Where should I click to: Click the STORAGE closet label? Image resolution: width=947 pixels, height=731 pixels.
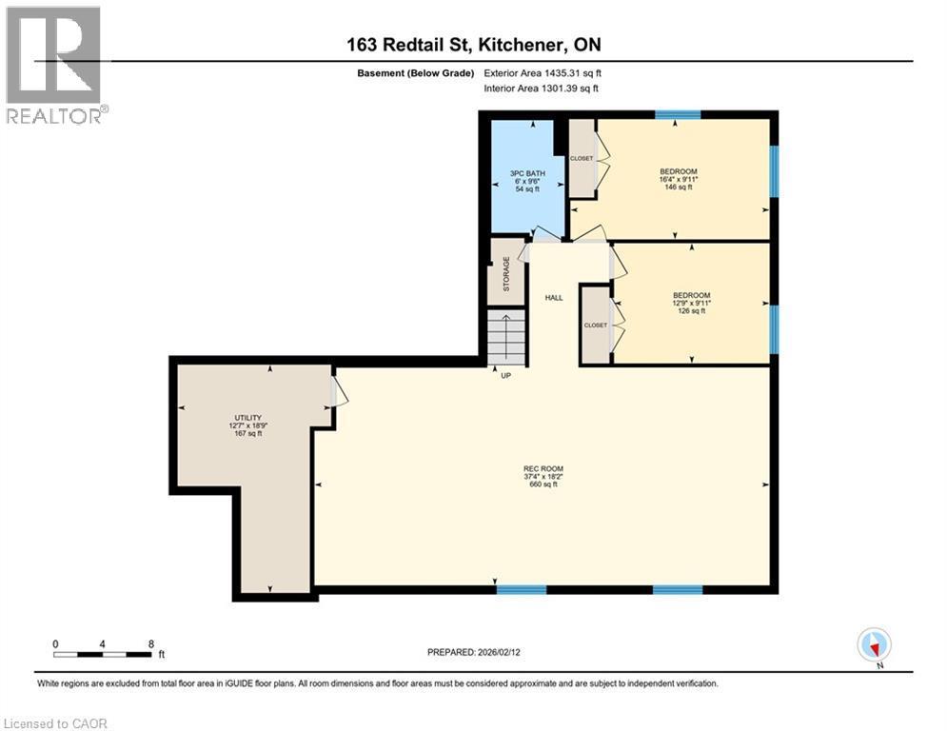(506, 273)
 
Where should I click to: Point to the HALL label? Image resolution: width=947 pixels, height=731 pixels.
(553, 298)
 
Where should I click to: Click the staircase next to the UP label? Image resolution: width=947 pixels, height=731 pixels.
(506, 338)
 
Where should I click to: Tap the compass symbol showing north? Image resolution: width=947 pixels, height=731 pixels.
(873, 644)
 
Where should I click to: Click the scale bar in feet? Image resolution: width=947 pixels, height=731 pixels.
(103, 654)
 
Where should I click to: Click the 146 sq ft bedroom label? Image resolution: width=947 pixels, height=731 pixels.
(677, 179)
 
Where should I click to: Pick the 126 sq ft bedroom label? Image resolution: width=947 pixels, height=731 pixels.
(691, 303)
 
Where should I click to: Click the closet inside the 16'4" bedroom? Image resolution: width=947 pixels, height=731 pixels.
(582, 158)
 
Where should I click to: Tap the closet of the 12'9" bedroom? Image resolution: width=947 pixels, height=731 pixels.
(596, 325)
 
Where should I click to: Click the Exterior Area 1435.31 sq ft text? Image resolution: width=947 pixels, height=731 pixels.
(543, 72)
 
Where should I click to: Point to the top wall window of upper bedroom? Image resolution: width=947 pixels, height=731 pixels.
(678, 114)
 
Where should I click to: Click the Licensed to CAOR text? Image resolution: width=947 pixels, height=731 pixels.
(56, 723)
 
